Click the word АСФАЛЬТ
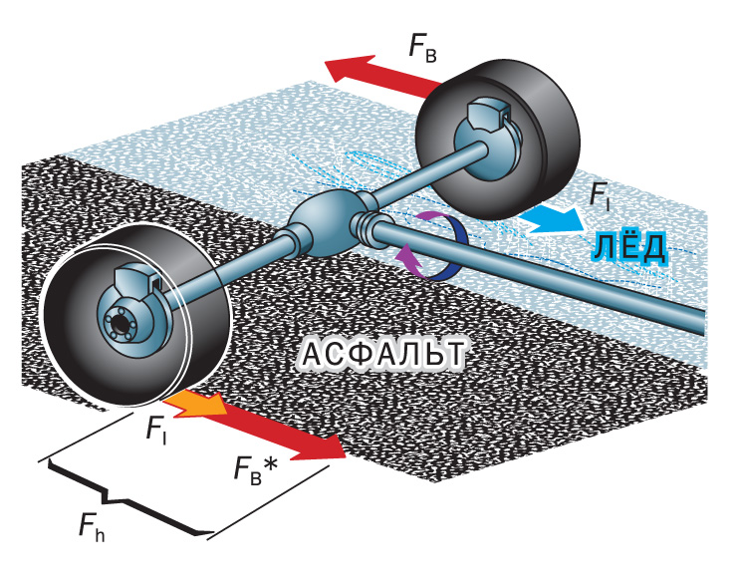pos(383,355)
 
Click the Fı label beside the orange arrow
pos(156,430)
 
